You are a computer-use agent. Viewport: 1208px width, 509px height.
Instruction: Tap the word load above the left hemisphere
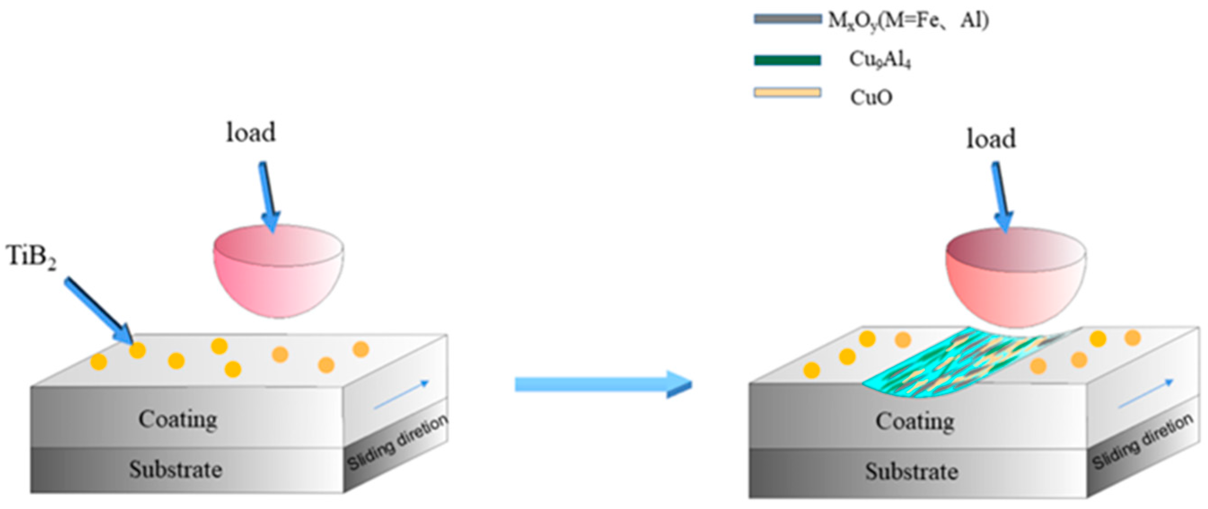tap(251, 133)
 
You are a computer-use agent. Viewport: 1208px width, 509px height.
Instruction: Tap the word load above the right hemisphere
tap(991, 139)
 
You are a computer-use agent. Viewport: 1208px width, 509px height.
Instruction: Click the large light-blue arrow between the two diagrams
tap(602, 385)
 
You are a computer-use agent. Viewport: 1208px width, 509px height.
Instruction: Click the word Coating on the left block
tap(178, 419)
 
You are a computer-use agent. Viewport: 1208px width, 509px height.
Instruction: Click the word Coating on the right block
tap(915, 421)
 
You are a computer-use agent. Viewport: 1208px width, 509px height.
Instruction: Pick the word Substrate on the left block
tap(176, 469)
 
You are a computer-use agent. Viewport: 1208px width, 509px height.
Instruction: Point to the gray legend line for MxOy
tap(787, 19)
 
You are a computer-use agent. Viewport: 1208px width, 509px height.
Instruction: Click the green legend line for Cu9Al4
tap(787, 60)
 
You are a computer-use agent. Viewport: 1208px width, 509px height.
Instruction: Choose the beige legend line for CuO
tap(787, 93)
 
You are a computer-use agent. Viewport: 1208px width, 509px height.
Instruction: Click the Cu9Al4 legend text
tap(880, 60)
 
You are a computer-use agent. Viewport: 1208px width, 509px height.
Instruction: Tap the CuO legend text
tap(871, 97)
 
